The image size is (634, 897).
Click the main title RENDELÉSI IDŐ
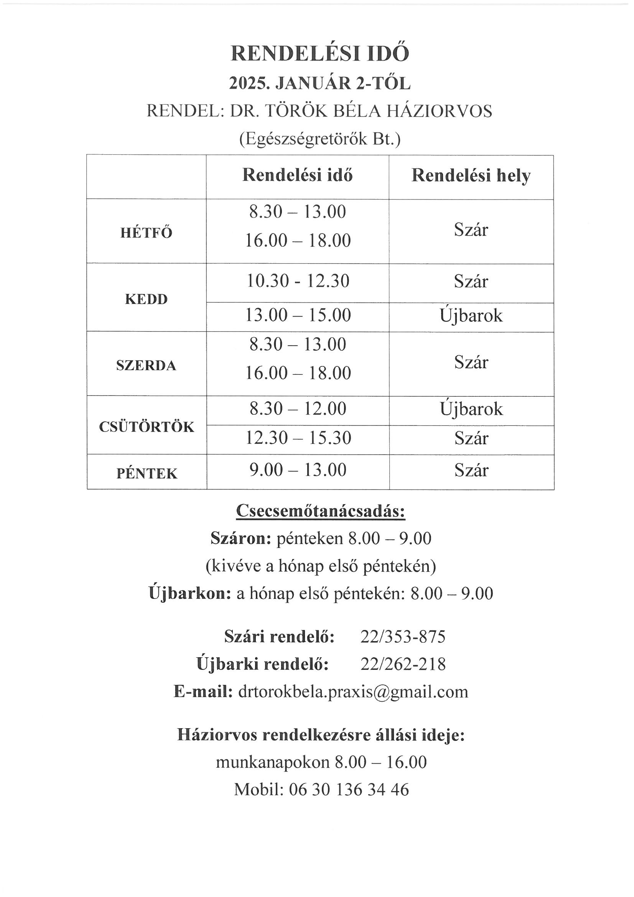click(320, 54)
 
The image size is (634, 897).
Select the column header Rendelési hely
click(471, 176)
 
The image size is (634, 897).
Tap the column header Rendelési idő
click(297, 175)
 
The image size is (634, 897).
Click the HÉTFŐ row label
click(146, 233)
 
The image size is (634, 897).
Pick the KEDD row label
click(146, 299)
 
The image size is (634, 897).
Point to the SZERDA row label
click(146, 366)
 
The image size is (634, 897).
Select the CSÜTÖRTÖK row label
click(147, 427)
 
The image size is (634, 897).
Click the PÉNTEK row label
click(147, 473)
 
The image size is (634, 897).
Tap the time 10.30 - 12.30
click(298, 281)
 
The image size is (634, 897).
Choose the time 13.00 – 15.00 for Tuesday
click(298, 315)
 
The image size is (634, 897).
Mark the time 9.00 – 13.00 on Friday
click(298, 470)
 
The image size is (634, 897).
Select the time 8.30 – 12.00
click(298, 409)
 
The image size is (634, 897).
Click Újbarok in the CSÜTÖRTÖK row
click(471, 409)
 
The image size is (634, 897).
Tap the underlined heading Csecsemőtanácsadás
click(320, 511)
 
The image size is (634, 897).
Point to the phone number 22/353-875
click(403, 637)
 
